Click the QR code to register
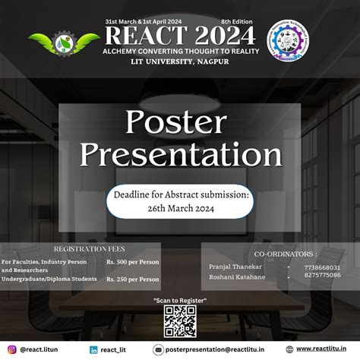(179, 321)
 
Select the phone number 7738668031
(322, 267)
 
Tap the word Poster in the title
(180, 122)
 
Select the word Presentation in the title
(181, 154)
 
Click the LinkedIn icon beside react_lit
(93, 349)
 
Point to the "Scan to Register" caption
(180, 302)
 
